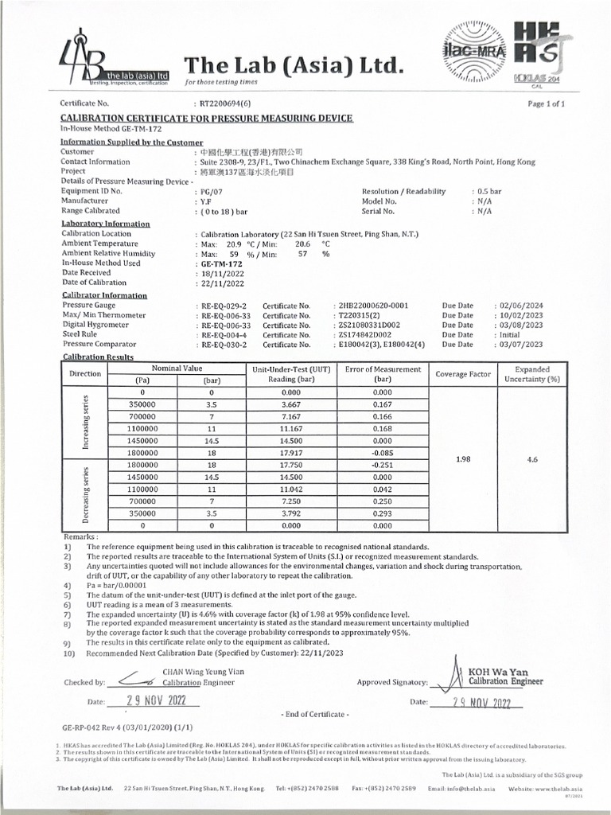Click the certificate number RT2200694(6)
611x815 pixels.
coord(225,103)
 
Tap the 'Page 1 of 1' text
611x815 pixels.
coord(546,103)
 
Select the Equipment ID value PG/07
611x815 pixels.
coord(210,192)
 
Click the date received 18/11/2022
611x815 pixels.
coord(221,272)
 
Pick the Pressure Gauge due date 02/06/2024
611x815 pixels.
coord(520,306)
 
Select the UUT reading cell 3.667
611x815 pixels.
coord(291,404)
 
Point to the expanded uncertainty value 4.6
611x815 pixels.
coord(532,458)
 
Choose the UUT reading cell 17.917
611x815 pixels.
coord(291,452)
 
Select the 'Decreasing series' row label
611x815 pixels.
coord(85,494)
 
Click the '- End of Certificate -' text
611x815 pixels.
coord(316,714)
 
